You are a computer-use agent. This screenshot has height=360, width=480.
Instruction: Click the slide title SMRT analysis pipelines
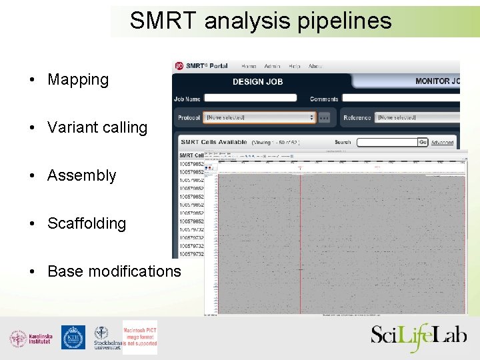pyautogui.click(x=261, y=21)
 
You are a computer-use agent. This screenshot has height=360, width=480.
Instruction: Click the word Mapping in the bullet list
pyautogui.click(x=78, y=79)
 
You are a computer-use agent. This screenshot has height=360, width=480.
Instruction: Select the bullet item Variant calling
pyautogui.click(x=97, y=127)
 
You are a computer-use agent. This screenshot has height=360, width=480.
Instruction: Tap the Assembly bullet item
pyautogui.click(x=81, y=175)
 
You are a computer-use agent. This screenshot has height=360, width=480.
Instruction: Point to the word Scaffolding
pyautogui.click(x=87, y=223)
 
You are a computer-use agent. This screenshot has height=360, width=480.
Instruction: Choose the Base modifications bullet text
pyautogui.click(x=114, y=271)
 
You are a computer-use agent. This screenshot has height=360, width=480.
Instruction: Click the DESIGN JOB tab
pyautogui.click(x=257, y=81)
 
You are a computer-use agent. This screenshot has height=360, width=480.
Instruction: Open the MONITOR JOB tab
pyautogui.click(x=437, y=81)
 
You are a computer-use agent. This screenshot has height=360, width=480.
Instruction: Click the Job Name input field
pyautogui.click(x=250, y=98)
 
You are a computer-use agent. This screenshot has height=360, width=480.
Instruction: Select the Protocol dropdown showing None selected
pyautogui.click(x=259, y=117)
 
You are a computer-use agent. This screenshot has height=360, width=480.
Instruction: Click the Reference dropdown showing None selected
pyautogui.click(x=417, y=117)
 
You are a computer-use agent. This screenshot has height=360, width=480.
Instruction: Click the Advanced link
pyautogui.click(x=442, y=143)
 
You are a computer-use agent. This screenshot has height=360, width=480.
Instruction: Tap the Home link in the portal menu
pyautogui.click(x=249, y=66)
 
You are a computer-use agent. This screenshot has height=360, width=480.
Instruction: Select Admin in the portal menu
pyautogui.click(x=272, y=66)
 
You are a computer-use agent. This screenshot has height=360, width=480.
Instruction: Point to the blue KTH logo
pyautogui.click(x=73, y=337)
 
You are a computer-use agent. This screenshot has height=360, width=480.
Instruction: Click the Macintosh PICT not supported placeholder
pyautogui.click(x=139, y=337)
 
